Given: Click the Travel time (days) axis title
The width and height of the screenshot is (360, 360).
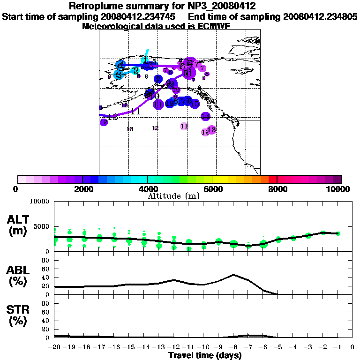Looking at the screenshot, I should (x=205, y=356).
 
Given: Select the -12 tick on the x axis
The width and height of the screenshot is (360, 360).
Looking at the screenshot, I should (x=173, y=347).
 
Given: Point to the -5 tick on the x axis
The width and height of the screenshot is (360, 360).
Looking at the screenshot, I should (x=277, y=347).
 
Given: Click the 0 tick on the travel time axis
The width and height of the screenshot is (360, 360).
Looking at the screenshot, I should (x=352, y=347).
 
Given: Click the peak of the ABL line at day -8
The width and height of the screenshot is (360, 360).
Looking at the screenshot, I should (x=233, y=275).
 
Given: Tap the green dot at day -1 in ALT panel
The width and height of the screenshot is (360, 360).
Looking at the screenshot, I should (x=337, y=233).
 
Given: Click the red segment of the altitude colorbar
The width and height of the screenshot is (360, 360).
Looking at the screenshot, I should (x=272, y=179).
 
